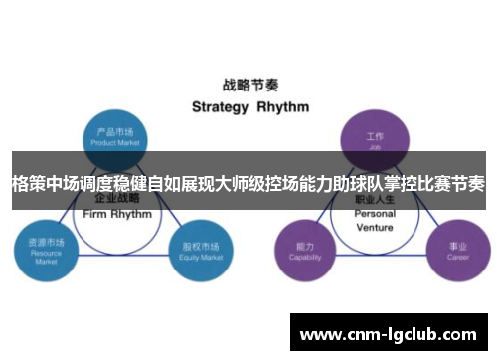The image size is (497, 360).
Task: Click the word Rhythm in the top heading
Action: (283, 106)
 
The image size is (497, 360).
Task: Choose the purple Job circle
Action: (375, 137)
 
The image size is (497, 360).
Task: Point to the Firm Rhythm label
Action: (117, 213)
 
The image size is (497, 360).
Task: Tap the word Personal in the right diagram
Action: (375, 213)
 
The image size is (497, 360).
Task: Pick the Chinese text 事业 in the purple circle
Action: (456, 246)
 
